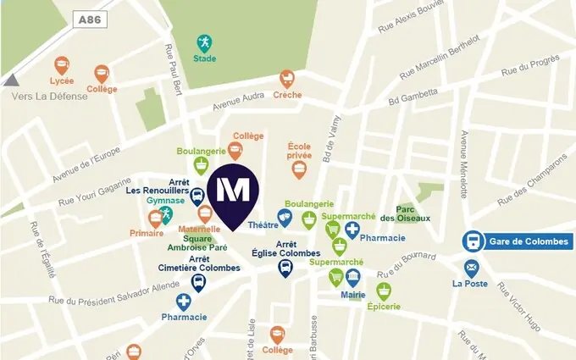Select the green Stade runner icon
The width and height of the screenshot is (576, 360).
tap(203, 42)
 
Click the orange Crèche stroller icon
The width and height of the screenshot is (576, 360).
tap(287, 79)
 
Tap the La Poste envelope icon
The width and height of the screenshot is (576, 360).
tap(471, 268)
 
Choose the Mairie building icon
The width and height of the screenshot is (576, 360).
tap(353, 277)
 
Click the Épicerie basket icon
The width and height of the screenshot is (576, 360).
tap(385, 291)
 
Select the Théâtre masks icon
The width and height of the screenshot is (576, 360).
tap(286, 219)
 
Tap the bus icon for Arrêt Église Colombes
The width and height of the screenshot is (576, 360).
tap(286, 269)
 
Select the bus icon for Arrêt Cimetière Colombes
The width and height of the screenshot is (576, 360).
tap(198, 282)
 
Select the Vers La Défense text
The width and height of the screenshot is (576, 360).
tap(49, 97)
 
